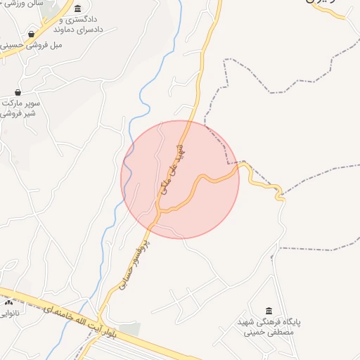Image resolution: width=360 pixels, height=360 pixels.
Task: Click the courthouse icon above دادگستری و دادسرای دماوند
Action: click(x=77, y=8)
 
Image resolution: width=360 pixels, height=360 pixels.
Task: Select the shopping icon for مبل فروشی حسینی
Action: click(x=31, y=34)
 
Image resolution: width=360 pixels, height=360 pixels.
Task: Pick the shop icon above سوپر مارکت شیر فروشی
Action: click(x=18, y=92)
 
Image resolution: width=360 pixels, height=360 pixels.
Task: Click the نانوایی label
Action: click(x=10, y=314)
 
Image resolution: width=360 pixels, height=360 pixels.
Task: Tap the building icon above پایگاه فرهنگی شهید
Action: click(x=269, y=311)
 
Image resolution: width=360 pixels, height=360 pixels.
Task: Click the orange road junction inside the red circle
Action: click(x=160, y=210)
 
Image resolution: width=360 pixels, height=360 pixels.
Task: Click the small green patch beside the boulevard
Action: click(x=129, y=329)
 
